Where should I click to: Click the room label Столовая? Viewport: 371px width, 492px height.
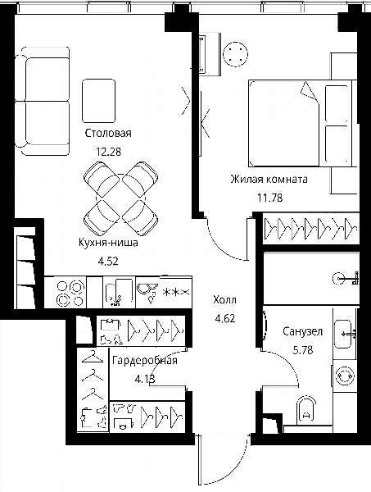pyautogui.click(x=108, y=133)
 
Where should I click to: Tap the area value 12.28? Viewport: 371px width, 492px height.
pyautogui.click(x=108, y=153)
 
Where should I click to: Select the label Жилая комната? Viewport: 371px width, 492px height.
pyautogui.click(x=269, y=180)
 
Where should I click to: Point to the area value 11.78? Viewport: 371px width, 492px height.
pyautogui.click(x=269, y=198)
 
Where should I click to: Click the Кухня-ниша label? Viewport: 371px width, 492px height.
pyautogui.click(x=108, y=243)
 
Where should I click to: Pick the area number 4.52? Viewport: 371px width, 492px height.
pyautogui.click(x=108, y=261)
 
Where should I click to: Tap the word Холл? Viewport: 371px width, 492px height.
pyautogui.click(x=224, y=300)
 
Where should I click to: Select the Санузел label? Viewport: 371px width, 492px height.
pyautogui.click(x=302, y=331)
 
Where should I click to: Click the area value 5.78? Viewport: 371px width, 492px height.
pyautogui.click(x=303, y=350)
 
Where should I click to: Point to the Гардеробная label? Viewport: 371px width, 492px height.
pyautogui.click(x=145, y=361)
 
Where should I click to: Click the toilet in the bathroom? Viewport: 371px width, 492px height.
pyautogui.click(x=305, y=409)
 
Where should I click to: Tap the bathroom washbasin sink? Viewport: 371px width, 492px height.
pyautogui.click(x=343, y=335)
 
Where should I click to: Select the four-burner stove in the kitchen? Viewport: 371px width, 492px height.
pyautogui.click(x=70, y=293)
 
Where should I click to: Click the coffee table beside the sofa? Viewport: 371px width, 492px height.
pyautogui.click(x=99, y=101)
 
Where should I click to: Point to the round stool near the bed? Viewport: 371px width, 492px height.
pyautogui.click(x=235, y=54)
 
